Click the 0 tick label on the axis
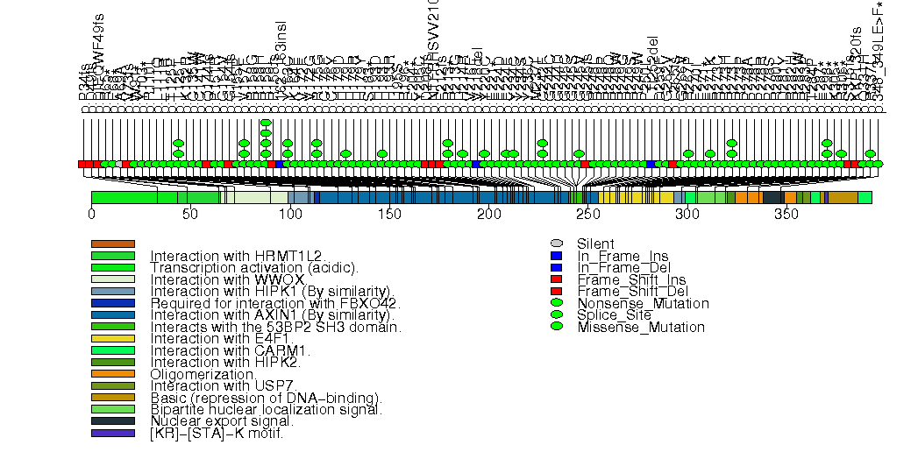click(91, 214)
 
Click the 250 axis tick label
click(587, 214)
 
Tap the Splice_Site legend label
click(614, 314)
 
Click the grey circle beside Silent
click(556, 244)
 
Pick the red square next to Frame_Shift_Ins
click(556, 279)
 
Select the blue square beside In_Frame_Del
click(556, 267)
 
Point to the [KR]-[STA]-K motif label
click(217, 433)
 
